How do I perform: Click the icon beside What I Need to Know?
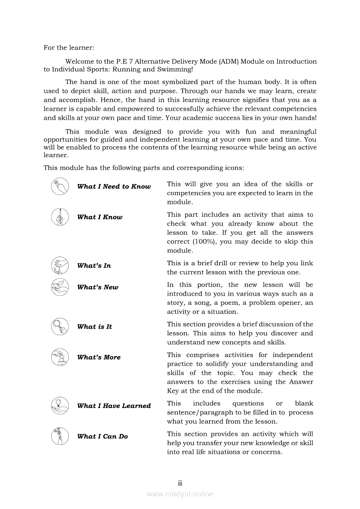click(60, 186)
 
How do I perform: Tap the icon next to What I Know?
click(60, 217)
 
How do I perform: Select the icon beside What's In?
click(60, 265)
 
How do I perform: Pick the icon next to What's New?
click(60, 287)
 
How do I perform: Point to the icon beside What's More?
click(60, 357)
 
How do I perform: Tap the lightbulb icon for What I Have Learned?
click(60, 405)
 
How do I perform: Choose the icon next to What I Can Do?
click(60, 436)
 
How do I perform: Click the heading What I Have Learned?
click(114, 406)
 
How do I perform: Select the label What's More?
click(98, 357)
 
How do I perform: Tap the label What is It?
click(95, 327)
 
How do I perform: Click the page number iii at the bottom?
click(180, 483)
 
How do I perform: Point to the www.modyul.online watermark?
click(180, 494)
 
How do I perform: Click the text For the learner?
click(69, 47)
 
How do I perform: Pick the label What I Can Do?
click(102, 436)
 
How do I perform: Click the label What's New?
click(98, 287)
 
